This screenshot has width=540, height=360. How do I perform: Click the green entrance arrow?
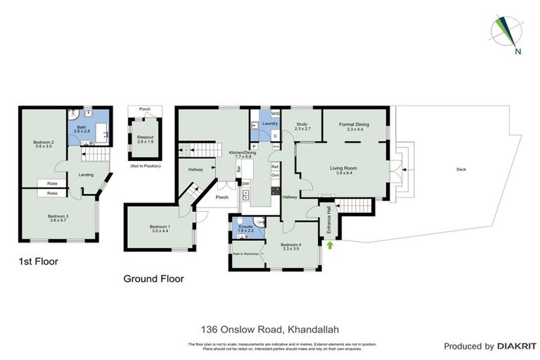pos(329,244)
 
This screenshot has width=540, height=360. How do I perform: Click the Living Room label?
pos(345,170)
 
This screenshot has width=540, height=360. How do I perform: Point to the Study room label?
pos(302,127)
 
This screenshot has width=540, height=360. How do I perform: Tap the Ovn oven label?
pos(276,175)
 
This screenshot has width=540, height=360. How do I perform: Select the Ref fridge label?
pos(276,166)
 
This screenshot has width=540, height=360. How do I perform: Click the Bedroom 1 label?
pos(160,229)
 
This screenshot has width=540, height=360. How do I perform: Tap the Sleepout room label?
pos(145,140)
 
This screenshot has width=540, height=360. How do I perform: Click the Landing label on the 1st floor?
pos(86,174)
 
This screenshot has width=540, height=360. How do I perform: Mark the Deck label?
pos(461,169)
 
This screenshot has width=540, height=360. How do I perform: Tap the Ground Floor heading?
pos(153,278)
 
